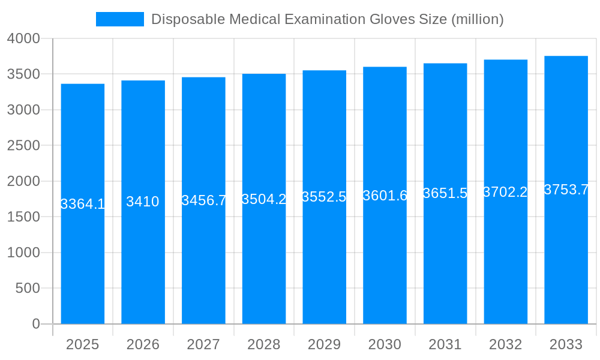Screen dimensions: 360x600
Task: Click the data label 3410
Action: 143,202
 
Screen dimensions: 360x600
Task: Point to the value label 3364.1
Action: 83,204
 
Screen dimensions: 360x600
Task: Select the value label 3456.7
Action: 203,200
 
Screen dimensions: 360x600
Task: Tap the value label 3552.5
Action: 324,197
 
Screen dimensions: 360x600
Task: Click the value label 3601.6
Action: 385,196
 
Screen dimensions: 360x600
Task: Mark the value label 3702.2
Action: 505,192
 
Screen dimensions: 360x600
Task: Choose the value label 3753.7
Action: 566,190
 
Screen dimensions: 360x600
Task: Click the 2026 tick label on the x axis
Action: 143,344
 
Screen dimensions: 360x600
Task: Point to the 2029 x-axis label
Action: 324,344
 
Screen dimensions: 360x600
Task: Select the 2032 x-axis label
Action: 505,344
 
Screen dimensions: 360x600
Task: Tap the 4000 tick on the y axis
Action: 23,38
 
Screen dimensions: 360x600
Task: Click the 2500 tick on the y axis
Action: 23,145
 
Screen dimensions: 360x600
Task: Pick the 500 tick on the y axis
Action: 28,288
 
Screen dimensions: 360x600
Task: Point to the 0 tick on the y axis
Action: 36,324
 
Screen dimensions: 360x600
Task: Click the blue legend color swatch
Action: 120,19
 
